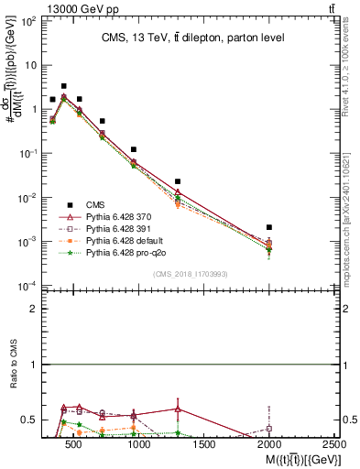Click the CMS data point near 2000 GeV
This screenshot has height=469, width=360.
269,227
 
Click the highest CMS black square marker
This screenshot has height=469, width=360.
63,86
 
